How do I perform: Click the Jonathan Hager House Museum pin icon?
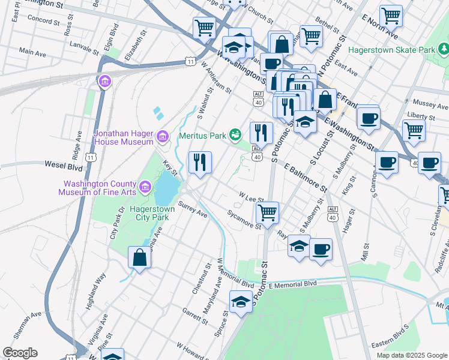tap(161, 137)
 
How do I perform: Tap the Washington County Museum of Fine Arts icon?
tap(145, 188)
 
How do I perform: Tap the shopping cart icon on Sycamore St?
tap(267, 211)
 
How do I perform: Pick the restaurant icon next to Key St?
tap(199, 161)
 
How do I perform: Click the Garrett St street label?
tap(195, 314)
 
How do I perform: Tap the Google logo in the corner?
tap(20, 353)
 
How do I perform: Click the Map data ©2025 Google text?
tap(412, 355)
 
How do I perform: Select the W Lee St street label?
tap(252, 197)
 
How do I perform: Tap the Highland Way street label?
tap(96, 289)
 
